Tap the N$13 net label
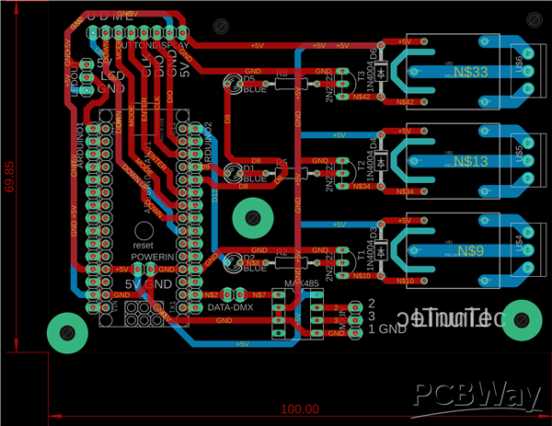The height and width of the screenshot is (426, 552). point(470,161)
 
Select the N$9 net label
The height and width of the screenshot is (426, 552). point(470,250)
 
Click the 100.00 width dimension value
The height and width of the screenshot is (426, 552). point(299,409)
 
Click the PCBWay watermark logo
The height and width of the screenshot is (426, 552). point(477,395)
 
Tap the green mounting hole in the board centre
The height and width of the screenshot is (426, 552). point(250,218)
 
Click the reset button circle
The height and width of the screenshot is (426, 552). point(143,230)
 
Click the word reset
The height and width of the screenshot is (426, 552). point(143,246)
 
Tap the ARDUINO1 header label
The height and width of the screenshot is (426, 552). point(81,142)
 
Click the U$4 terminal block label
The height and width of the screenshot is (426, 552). point(519,245)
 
